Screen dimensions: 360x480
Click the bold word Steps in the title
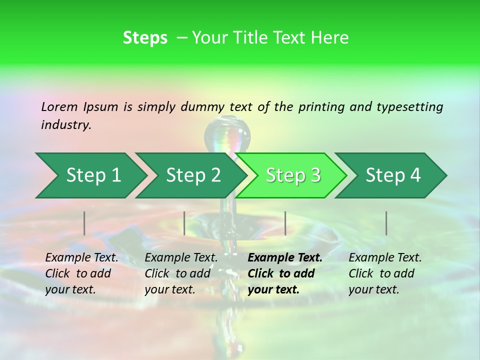145,38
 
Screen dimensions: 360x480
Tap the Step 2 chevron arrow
193,175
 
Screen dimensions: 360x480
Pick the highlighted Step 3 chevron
293,175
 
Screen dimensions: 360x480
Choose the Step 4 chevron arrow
393,175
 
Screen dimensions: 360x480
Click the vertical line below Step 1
84,223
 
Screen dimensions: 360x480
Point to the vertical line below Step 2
184,223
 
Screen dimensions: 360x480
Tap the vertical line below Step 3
285,223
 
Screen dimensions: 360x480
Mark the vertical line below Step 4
386,223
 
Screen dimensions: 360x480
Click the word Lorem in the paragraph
59,107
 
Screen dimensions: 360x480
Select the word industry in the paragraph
65,125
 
